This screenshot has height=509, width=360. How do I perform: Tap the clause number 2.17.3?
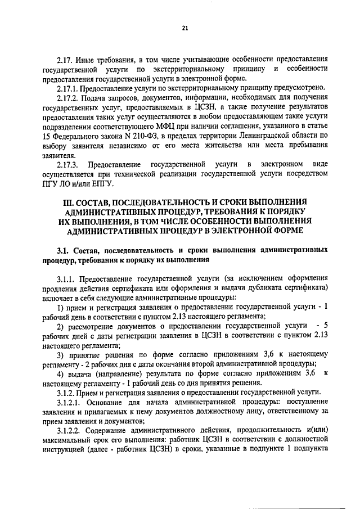click(69, 164)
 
